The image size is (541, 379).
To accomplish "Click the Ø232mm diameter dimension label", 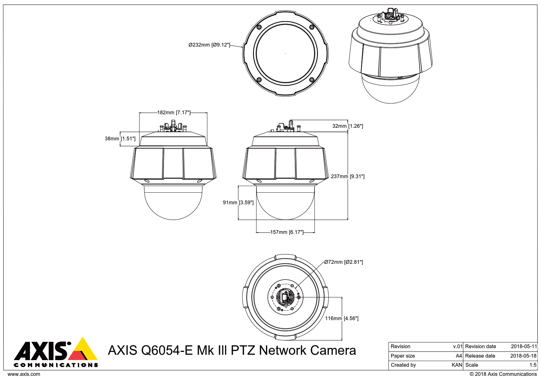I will tap(209, 45).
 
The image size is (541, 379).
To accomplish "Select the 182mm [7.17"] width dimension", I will tap(174, 113).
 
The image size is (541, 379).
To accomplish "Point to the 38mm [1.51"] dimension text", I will tap(120, 139).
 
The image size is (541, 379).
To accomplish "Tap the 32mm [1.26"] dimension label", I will tap(348, 126).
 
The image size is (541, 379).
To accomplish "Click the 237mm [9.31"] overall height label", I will tap(348, 177).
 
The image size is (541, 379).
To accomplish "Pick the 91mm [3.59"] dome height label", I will tap(238, 203).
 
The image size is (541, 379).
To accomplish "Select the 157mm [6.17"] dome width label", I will tap(287, 232).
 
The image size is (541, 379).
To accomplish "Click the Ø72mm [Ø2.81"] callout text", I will tap(343, 262).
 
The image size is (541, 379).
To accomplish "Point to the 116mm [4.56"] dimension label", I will tap(342, 319).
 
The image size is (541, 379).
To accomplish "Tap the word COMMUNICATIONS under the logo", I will tap(56, 365).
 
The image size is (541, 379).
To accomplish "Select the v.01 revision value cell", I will tap(458, 347).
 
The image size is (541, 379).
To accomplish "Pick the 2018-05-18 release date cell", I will tap(523, 356).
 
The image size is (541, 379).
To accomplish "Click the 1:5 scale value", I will tap(533, 365).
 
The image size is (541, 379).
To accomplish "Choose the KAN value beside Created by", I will tap(457, 365).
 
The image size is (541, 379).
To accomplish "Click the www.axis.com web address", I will tap(24, 374).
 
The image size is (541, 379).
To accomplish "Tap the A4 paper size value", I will tap(459, 356).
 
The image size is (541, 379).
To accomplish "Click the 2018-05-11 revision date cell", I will tap(524, 347).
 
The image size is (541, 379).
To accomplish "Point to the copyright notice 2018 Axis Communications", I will tap(503, 374).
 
